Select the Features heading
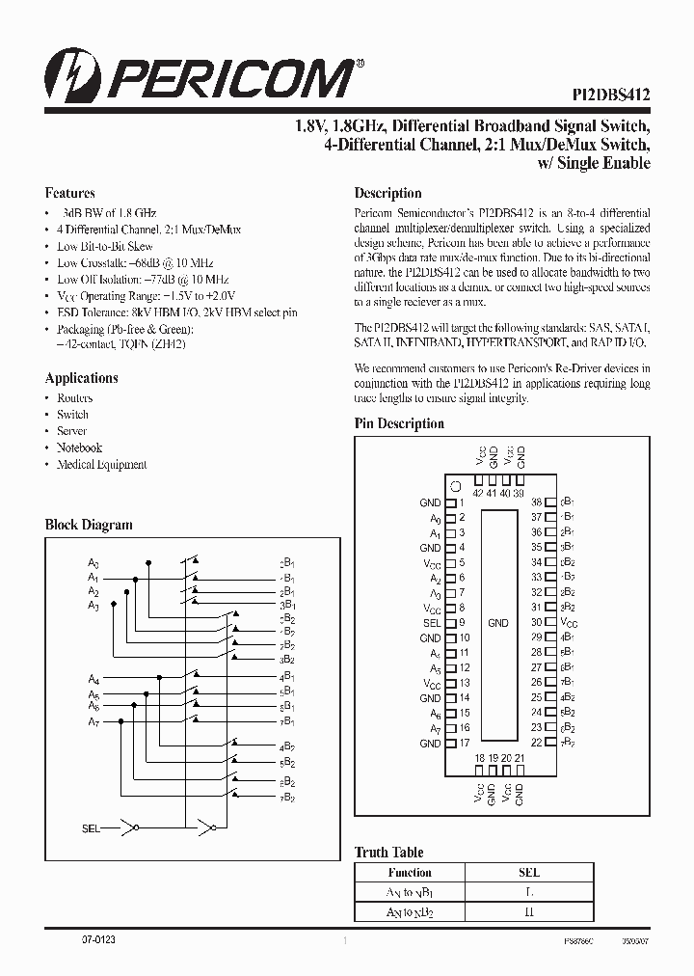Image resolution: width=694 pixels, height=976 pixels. (x=70, y=193)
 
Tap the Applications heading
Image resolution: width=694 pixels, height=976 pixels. (x=82, y=378)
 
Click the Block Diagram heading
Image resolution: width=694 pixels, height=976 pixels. (x=89, y=526)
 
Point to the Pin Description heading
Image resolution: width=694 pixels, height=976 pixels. (x=399, y=423)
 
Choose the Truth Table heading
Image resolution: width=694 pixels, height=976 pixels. (x=388, y=852)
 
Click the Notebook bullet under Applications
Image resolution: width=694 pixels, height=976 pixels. (x=79, y=447)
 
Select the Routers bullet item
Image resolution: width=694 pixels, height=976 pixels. (x=74, y=398)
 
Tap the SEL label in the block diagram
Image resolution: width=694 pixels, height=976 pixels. (x=92, y=827)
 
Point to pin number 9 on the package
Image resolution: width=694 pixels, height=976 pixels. (x=462, y=623)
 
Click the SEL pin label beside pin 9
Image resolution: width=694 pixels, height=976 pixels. (x=432, y=623)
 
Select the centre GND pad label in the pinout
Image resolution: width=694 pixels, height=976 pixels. (x=497, y=623)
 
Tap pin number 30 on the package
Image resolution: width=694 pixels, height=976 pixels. (x=537, y=623)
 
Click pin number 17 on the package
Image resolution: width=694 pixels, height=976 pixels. (x=464, y=744)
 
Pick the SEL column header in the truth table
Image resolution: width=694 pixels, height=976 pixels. (x=529, y=872)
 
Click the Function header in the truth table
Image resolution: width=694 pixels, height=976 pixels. (x=410, y=872)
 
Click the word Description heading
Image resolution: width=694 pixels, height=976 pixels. (x=387, y=193)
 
